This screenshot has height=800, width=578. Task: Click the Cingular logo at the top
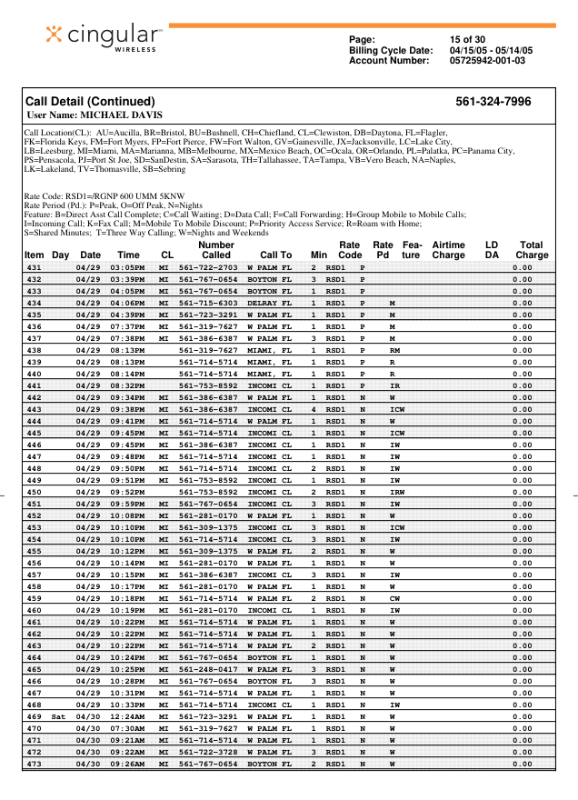[104, 35]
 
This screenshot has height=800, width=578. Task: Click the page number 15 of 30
[467, 39]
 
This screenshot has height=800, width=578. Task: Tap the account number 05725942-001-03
[487, 60]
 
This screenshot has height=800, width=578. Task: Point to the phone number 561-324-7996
[493, 102]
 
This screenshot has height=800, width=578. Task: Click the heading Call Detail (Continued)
[90, 102]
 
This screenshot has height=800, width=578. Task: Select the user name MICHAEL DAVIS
[95, 115]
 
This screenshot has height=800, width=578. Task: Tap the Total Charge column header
[531, 250]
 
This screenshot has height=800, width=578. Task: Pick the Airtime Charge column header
[448, 250]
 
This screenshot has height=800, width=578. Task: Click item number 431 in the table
[34, 268]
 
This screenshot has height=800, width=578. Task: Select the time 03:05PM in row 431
[128, 268]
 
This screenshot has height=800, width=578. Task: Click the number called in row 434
[208, 303]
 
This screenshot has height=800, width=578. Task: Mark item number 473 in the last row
[34, 765]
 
